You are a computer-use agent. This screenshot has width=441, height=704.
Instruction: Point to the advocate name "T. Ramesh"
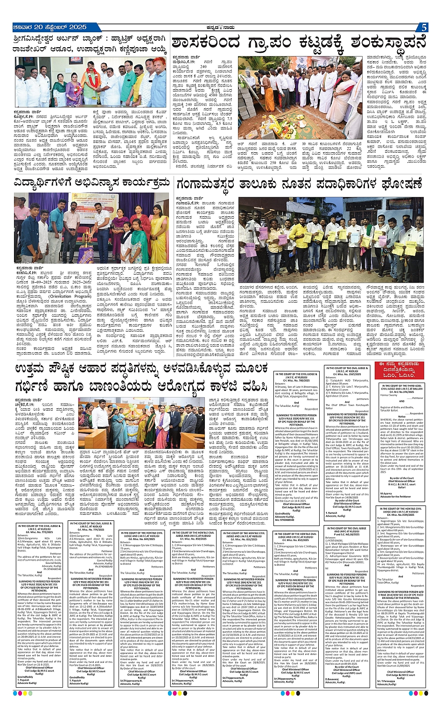[x=332, y=512]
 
